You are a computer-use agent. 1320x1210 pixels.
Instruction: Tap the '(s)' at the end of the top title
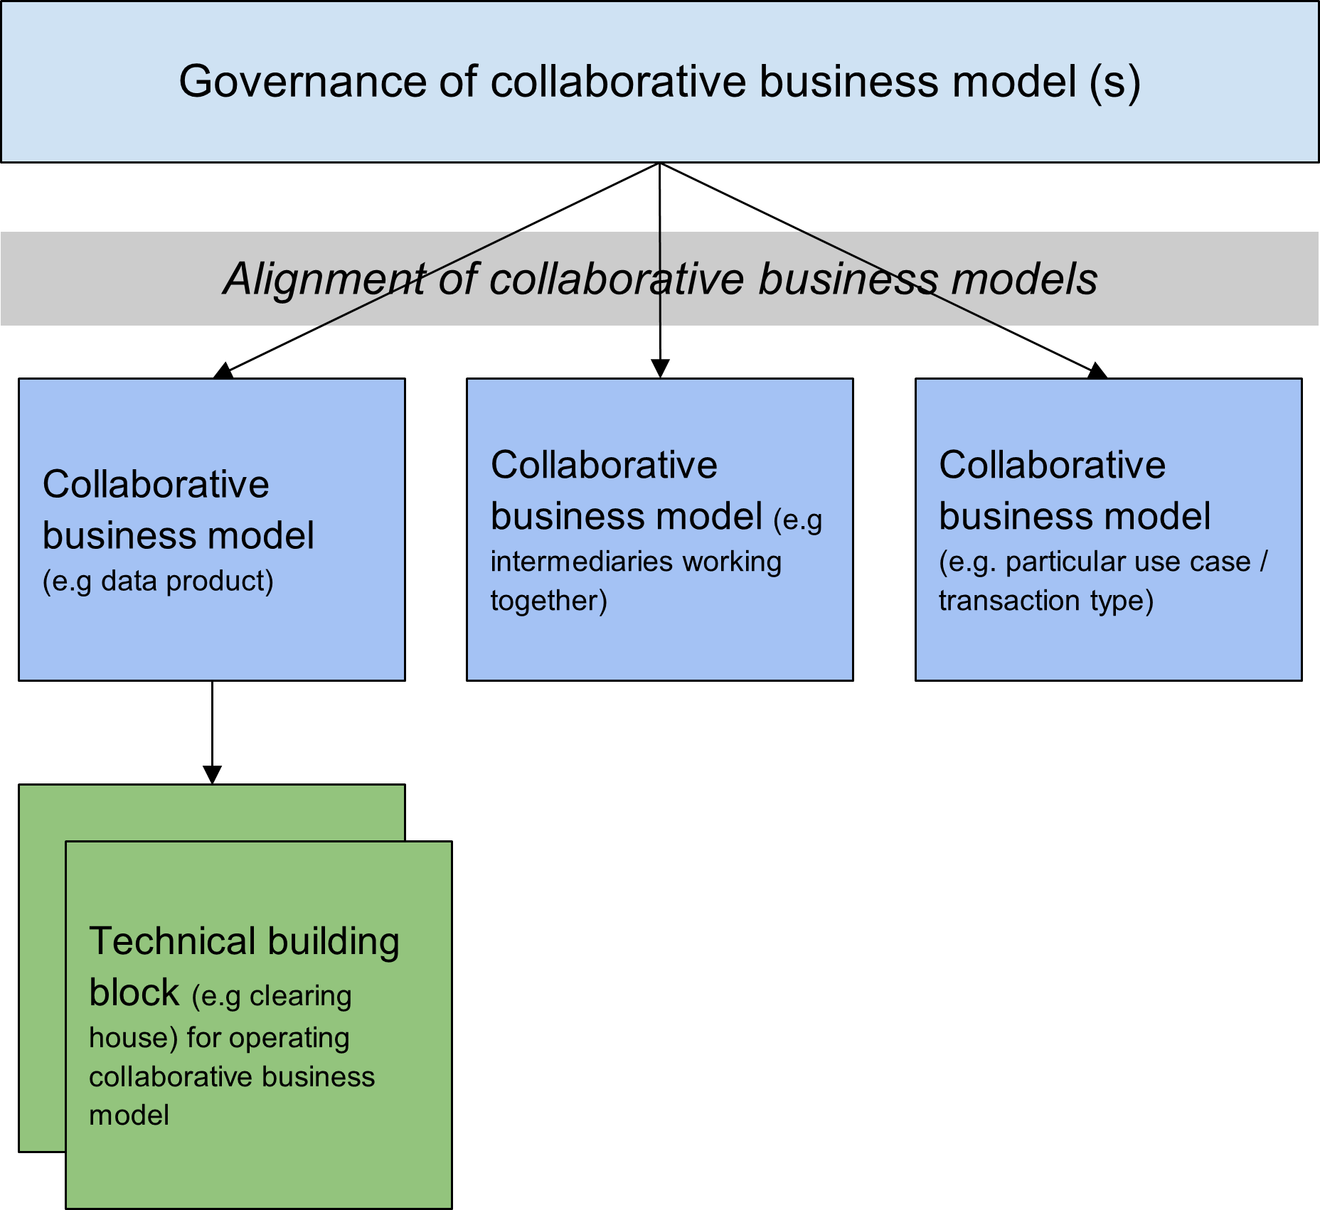pyautogui.click(x=1114, y=82)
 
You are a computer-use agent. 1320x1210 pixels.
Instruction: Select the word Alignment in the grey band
pyautogui.click(x=323, y=279)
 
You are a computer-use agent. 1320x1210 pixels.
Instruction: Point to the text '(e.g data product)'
pyautogui.click(x=158, y=582)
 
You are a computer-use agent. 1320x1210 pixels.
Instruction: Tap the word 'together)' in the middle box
pyautogui.click(x=548, y=601)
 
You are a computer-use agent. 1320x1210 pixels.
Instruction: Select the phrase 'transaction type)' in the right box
pyautogui.click(x=1045, y=601)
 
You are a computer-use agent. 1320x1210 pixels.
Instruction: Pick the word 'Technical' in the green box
pyautogui.click(x=172, y=941)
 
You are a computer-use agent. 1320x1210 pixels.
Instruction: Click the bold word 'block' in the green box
pyautogui.click(x=134, y=992)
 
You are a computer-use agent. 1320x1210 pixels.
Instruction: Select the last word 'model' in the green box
pyautogui.click(x=129, y=1115)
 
